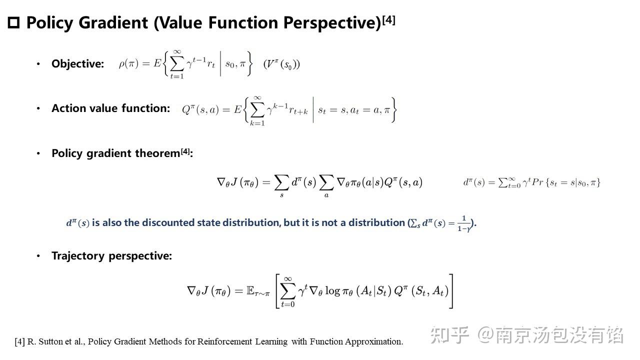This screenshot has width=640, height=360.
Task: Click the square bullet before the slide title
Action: click(x=13, y=23)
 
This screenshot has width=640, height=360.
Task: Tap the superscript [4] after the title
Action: click(x=388, y=20)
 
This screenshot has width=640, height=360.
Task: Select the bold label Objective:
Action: click(x=77, y=64)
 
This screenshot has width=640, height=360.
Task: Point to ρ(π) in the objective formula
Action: click(x=129, y=63)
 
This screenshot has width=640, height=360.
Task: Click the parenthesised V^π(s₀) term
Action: click(x=281, y=64)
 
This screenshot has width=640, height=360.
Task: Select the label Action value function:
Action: click(x=110, y=108)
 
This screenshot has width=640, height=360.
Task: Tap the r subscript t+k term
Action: click(x=295, y=110)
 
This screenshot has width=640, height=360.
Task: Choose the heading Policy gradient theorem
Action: click(x=116, y=153)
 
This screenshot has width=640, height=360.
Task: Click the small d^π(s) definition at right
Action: click(x=531, y=182)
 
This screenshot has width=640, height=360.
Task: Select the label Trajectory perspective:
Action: click(x=111, y=256)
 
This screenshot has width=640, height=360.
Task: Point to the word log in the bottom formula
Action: click(x=332, y=291)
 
